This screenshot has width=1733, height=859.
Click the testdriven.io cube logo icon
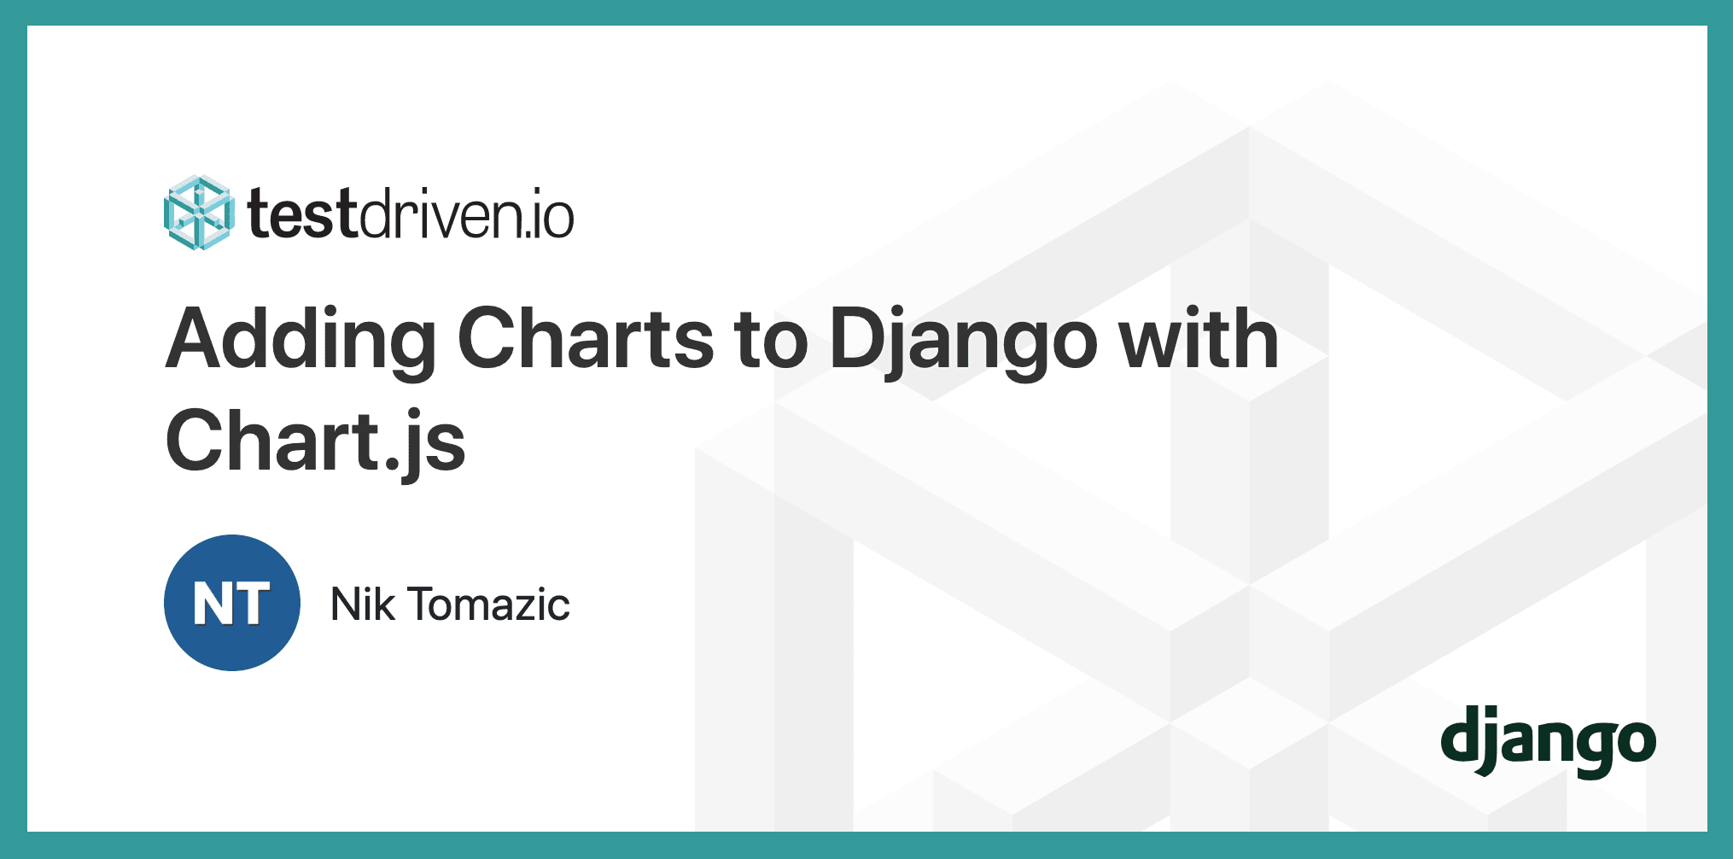[x=198, y=213]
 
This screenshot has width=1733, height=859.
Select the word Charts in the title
[x=586, y=339]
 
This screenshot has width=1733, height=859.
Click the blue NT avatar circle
[x=232, y=603]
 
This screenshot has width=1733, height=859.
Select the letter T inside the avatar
[x=252, y=605]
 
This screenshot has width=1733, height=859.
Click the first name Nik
[x=362, y=605]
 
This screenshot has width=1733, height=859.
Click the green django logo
[x=1548, y=740]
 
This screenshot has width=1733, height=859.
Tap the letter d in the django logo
[x=1461, y=734]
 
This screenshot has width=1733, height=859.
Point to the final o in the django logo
[x=1636, y=742]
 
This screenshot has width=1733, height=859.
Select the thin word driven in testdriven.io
[x=435, y=214]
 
